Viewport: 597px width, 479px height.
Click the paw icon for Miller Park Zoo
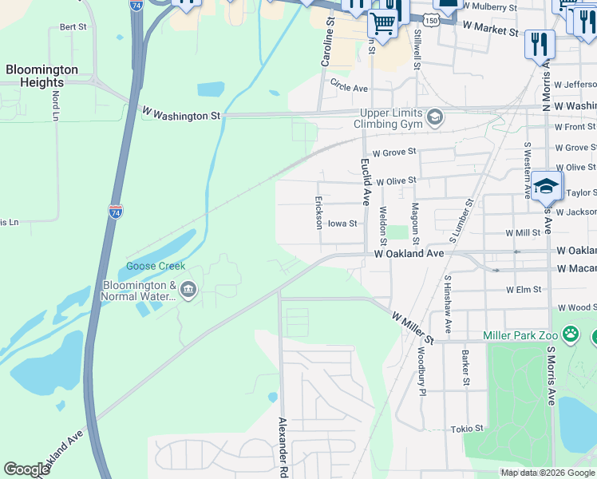pyautogui.click(x=571, y=332)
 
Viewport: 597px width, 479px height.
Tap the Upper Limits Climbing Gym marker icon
pyautogui.click(x=435, y=118)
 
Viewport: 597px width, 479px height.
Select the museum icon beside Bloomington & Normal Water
pyautogui.click(x=188, y=290)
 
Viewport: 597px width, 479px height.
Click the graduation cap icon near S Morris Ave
pyautogui.click(x=547, y=187)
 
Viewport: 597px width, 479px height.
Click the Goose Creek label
pyautogui.click(x=156, y=267)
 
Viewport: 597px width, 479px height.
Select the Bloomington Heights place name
pyautogui.click(x=42, y=76)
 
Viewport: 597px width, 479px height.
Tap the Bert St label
pyautogui.click(x=73, y=27)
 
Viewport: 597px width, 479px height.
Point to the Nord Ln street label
pyautogui.click(x=56, y=105)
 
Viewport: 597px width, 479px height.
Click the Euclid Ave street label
pyautogui.click(x=366, y=182)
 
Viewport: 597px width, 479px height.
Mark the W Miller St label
pyautogui.click(x=412, y=328)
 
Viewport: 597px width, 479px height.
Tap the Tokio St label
pyautogui.click(x=468, y=429)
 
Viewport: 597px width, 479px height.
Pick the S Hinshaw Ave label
pyautogui.click(x=447, y=305)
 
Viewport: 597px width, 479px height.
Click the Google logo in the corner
pyautogui.click(x=27, y=469)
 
